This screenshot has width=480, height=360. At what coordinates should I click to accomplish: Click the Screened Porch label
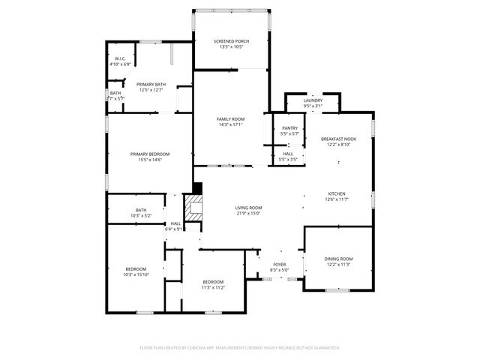pyautogui.click(x=231, y=41)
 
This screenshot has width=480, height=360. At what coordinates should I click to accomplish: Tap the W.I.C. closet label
pyautogui.click(x=120, y=58)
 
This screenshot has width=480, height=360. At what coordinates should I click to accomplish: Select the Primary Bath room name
pyautogui.click(x=151, y=84)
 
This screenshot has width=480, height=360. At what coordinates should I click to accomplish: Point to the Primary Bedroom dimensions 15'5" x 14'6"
pyautogui.click(x=150, y=160)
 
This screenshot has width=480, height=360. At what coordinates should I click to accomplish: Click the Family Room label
pyautogui.click(x=231, y=119)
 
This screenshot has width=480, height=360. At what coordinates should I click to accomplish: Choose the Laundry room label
pyautogui.click(x=313, y=100)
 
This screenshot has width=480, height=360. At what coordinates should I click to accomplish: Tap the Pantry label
pyautogui.click(x=289, y=128)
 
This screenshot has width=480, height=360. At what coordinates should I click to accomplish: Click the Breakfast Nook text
pyautogui.click(x=338, y=139)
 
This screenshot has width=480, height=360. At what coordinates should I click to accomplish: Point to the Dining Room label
pyautogui.click(x=339, y=259)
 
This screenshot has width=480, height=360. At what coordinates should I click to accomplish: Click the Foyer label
pyautogui.click(x=279, y=265)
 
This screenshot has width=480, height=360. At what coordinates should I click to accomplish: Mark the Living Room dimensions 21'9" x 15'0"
pyautogui.click(x=248, y=214)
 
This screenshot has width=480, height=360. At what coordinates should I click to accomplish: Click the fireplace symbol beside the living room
pyautogui.click(x=195, y=207)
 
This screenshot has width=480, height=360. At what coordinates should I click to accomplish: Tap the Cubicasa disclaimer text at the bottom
pyautogui.click(x=240, y=347)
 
